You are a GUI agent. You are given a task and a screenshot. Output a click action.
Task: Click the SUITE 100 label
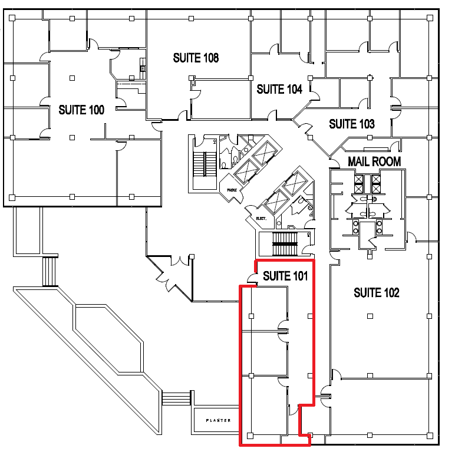pyautogui.click(x=81, y=110)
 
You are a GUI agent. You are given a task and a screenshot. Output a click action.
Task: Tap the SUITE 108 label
pyautogui.click(x=196, y=58)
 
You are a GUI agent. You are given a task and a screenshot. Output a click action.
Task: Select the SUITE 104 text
pyautogui.click(x=279, y=90)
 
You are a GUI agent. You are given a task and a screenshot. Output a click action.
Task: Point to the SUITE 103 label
pyautogui.click(x=352, y=124)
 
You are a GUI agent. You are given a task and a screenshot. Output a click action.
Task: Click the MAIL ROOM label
pyautogui.click(x=374, y=161)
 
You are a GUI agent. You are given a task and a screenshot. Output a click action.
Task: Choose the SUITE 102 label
pyautogui.click(x=376, y=292)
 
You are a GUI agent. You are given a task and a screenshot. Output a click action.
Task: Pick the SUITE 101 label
pyautogui.click(x=285, y=276)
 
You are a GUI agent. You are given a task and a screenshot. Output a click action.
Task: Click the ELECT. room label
pyautogui.click(x=262, y=219)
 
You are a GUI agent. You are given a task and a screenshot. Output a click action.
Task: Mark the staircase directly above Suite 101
pyautogui.click(x=284, y=241)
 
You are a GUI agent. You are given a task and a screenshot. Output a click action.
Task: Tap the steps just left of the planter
pyautogui.click(x=174, y=399)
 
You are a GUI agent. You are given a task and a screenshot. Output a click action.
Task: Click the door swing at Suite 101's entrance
pyautogui.click(x=252, y=278)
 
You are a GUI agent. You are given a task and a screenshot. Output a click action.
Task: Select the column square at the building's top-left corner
pyautogui.click(x=12, y=18)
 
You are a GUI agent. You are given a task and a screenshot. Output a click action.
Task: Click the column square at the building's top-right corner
pyautogui.click(x=428, y=18)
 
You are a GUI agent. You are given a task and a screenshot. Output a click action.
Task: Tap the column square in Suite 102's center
pyautogui.click(x=370, y=316)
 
